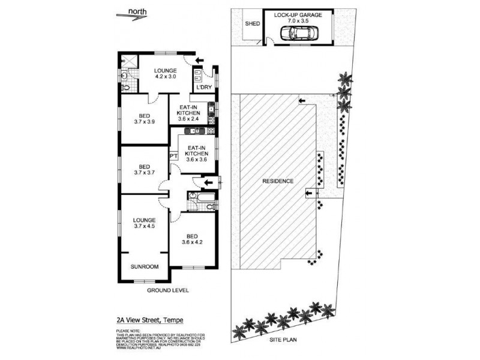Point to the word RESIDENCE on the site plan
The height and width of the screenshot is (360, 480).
point(277,181)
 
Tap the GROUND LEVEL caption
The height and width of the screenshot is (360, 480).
point(167,290)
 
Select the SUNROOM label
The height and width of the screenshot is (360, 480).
point(145,266)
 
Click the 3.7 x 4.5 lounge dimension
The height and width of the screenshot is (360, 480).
point(145,226)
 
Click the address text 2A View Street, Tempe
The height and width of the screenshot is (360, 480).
point(149,321)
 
